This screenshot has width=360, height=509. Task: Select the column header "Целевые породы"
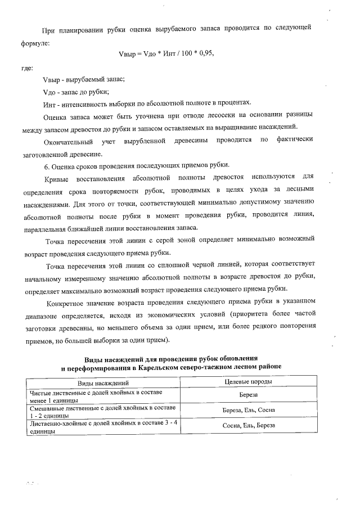tap(248, 382)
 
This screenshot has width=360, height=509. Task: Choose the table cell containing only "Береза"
tap(248, 394)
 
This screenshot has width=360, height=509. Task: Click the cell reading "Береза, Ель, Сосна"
tap(248, 410)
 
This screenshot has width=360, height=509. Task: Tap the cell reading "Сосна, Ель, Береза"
tap(248, 426)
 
